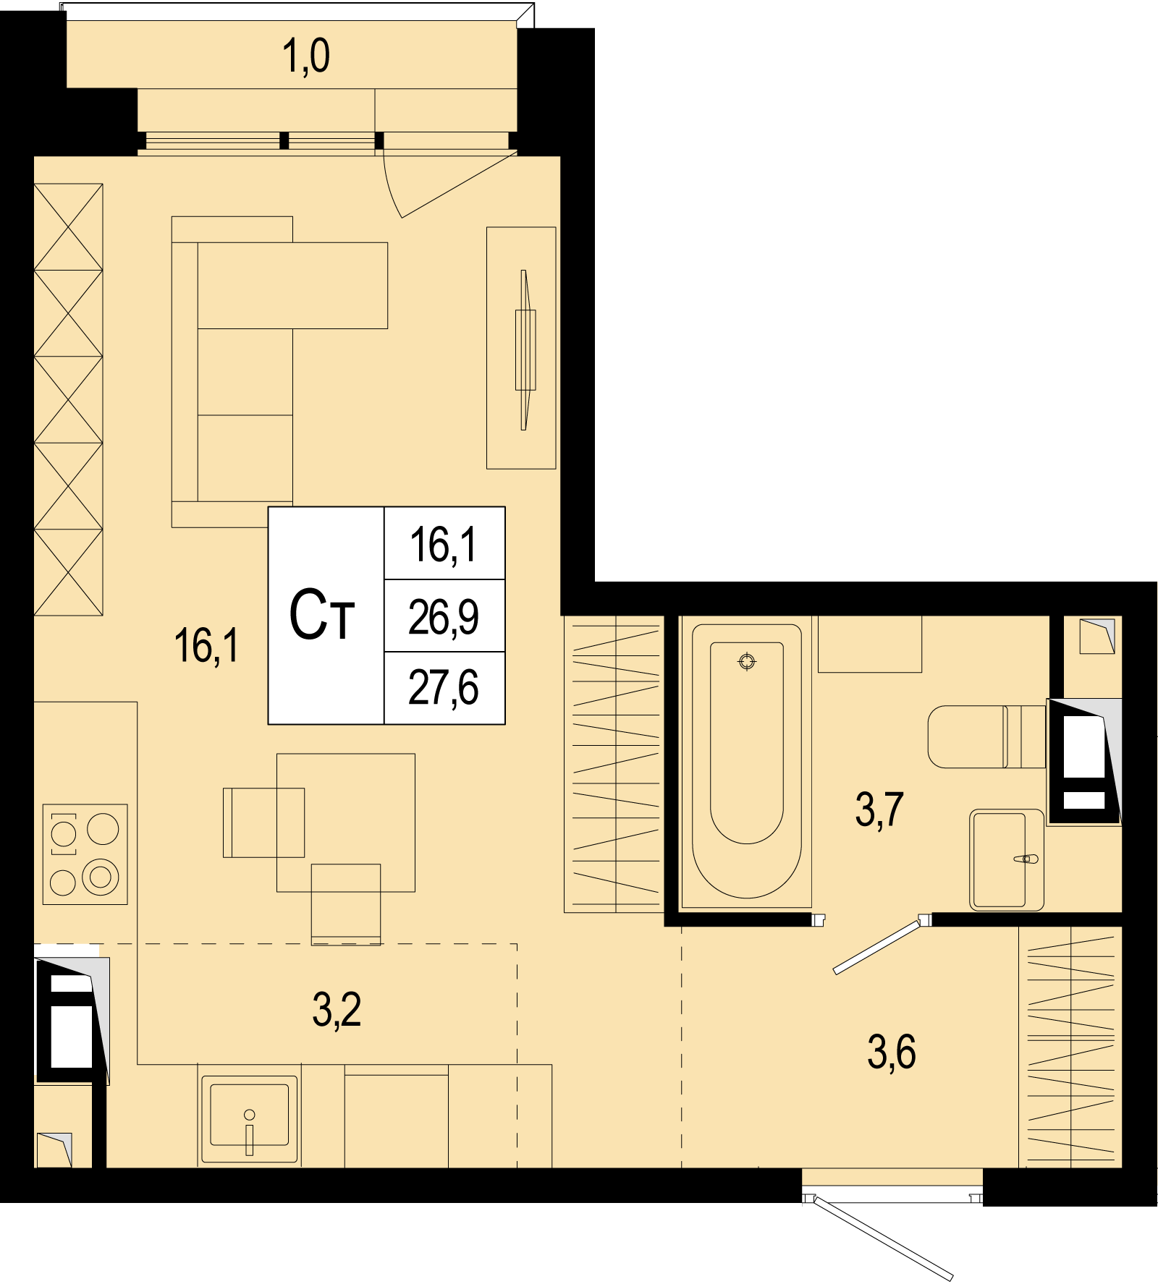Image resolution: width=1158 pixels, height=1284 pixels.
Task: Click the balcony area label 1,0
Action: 306,56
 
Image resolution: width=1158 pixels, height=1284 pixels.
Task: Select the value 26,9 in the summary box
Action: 443,617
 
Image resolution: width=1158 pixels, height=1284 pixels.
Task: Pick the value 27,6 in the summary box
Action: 443,687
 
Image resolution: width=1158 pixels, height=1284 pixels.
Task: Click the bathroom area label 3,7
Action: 879,809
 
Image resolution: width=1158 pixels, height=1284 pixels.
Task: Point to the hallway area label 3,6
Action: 892,1052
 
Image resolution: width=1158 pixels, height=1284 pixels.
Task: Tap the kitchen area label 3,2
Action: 337,1009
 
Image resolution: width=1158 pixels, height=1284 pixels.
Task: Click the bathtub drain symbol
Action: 747,661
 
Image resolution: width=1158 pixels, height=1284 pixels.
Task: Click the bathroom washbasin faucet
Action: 1026,859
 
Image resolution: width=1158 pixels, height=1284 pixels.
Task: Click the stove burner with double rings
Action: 101,877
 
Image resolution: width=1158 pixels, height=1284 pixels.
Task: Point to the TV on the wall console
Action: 525,350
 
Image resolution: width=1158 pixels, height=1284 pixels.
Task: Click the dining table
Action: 346,822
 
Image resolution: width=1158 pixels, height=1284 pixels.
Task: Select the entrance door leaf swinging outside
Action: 884,1238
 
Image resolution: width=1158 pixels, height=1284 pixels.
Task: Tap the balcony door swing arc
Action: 390,187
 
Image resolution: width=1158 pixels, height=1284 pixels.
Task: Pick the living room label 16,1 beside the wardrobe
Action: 206,646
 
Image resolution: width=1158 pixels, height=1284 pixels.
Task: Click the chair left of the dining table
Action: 263,822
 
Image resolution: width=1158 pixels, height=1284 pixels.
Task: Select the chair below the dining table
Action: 346,904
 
